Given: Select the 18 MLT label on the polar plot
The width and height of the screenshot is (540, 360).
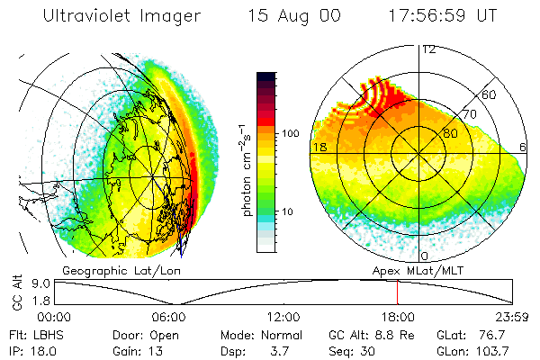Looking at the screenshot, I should [x=319, y=147].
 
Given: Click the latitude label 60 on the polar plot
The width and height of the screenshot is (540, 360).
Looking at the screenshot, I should [x=490, y=94].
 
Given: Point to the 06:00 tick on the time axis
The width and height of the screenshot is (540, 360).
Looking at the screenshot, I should [x=168, y=317].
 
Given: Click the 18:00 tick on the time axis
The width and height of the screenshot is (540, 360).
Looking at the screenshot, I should [x=398, y=317].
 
